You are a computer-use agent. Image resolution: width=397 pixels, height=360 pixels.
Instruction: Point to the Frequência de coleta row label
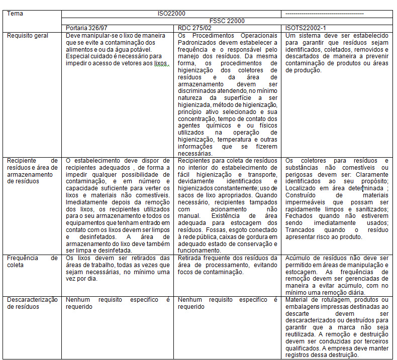click(32, 262)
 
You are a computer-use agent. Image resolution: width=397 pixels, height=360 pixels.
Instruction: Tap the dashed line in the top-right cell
click(323, 13)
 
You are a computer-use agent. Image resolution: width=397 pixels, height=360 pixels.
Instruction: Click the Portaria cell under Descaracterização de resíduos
click(118, 303)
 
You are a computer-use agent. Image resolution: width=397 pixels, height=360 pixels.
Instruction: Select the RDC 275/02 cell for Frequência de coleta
click(227, 265)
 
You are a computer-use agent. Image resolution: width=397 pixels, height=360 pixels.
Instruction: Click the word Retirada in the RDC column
click(191, 258)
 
